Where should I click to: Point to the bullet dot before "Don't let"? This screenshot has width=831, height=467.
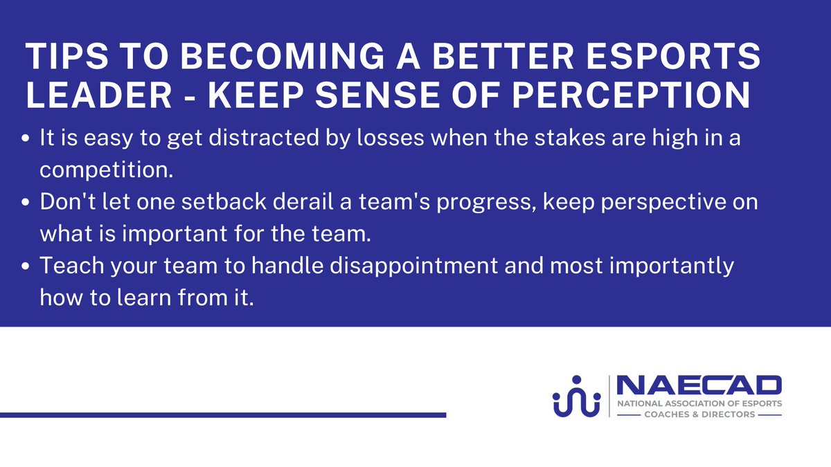[26, 204]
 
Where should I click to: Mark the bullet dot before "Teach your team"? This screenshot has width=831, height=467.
[26, 268]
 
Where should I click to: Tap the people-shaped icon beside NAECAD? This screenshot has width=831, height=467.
[575, 396]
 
